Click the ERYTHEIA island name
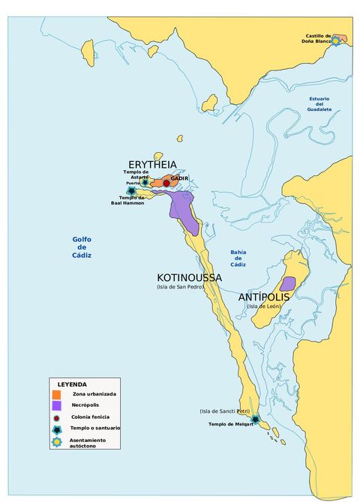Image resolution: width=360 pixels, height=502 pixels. [x=152, y=164]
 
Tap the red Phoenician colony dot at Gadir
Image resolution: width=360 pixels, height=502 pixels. [x=166, y=183]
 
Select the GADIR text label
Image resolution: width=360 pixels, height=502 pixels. [x=179, y=178]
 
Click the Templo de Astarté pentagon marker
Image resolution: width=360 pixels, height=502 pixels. [x=145, y=182]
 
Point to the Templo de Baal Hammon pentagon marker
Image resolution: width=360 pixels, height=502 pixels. [x=132, y=191]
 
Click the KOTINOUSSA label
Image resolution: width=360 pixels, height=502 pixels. [x=189, y=277]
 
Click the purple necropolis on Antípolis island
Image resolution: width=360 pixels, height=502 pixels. [x=287, y=284]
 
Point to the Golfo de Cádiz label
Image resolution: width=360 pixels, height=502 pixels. [x=82, y=247]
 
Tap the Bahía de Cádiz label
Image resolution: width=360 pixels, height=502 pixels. [x=238, y=258]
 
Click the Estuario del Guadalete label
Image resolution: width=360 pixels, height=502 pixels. [x=319, y=104]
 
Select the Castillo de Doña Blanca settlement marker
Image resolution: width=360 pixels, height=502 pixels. [x=336, y=41]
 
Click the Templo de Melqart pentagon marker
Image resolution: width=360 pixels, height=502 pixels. [x=255, y=419]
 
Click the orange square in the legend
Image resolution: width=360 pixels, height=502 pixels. [x=56, y=394]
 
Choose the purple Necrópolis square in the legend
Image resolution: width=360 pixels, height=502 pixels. [x=56, y=405]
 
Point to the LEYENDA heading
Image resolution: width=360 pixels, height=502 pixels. [x=72, y=384]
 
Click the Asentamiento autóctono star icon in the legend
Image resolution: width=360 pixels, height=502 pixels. [x=56, y=442]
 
